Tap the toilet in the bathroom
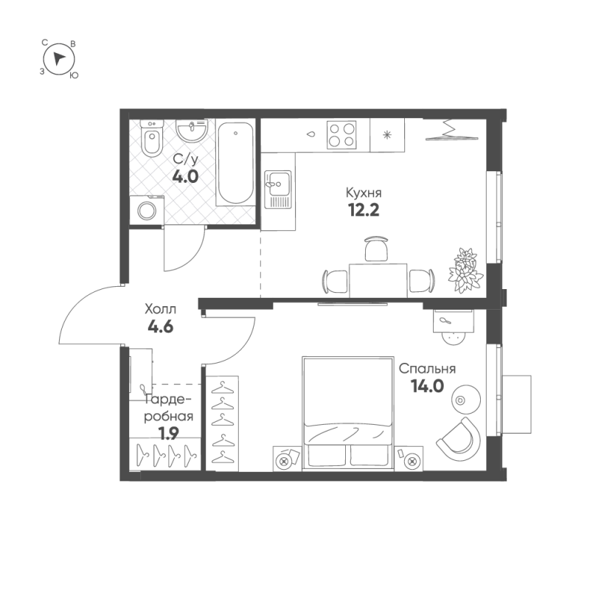pos(152,141)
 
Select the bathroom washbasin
pos(193,133)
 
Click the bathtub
pos(235,164)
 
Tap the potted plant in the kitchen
pos(465,269)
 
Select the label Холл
pos(160,310)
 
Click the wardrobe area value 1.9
pos(169,433)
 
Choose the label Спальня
pos(427,369)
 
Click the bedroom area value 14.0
pos(426,386)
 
